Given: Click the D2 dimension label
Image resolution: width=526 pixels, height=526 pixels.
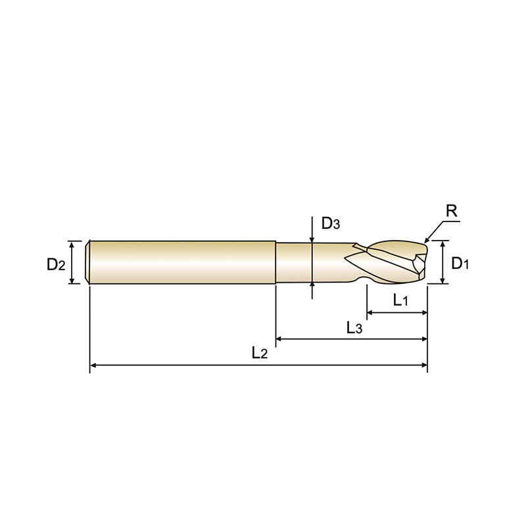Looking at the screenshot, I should pyautogui.click(x=56, y=264).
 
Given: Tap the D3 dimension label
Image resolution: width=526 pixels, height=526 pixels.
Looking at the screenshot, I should pyautogui.click(x=330, y=224).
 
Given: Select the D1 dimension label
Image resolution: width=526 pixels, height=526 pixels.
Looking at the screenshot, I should pyautogui.click(x=460, y=264).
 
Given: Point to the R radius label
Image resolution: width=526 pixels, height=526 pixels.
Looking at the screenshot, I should pyautogui.click(x=452, y=211).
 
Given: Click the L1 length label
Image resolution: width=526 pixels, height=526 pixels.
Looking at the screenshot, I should pyautogui.click(x=401, y=301).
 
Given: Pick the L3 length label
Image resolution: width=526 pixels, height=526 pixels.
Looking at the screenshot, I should pyautogui.click(x=354, y=327).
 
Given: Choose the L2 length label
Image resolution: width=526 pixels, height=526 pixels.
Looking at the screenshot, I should pyautogui.click(x=260, y=353).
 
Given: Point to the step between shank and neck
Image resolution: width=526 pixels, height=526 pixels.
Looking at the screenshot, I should pyautogui.click(x=275, y=262).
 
